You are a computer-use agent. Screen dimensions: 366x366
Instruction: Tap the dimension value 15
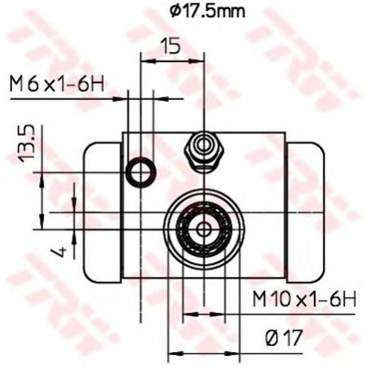(171, 45)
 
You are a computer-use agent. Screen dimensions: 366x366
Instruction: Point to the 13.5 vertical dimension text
(26, 143)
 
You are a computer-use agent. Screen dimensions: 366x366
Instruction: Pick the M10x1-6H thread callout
(304, 299)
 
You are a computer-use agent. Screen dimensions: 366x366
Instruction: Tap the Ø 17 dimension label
(284, 337)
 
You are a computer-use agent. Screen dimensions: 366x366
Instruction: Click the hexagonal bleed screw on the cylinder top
(204, 152)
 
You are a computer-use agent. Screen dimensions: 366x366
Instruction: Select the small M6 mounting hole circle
(141, 172)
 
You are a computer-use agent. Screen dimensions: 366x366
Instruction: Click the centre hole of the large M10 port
(204, 230)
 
